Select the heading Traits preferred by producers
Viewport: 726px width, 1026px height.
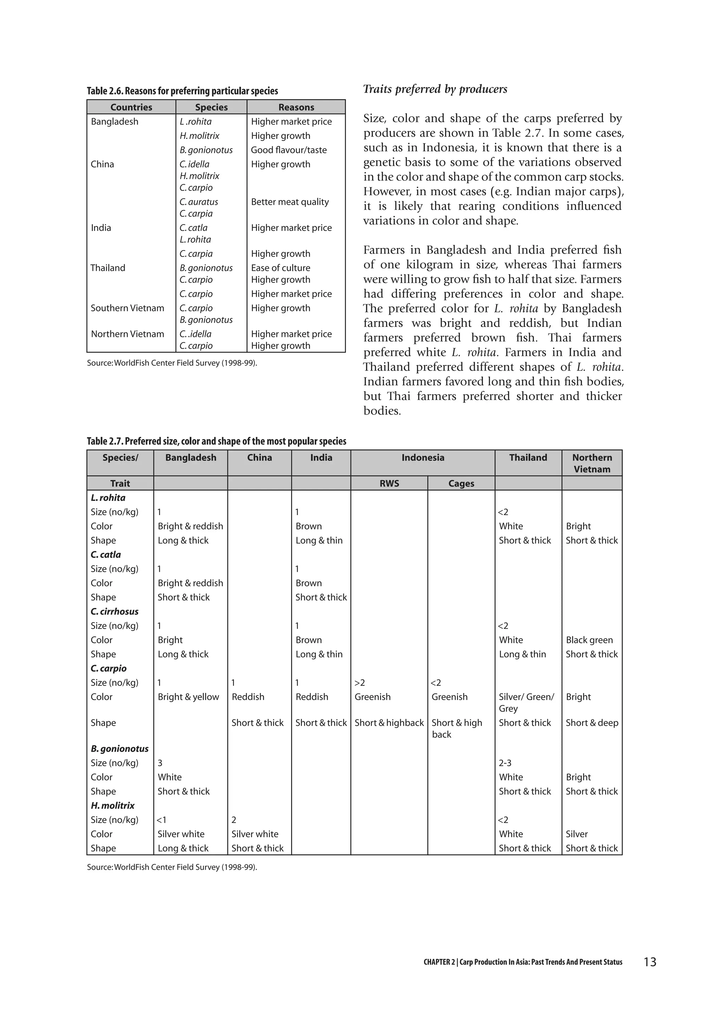point(435,89)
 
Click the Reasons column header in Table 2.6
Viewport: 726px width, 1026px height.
point(296,107)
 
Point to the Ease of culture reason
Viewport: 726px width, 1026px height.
point(280,268)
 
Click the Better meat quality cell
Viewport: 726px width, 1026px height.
point(290,202)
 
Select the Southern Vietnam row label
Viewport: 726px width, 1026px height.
point(127,308)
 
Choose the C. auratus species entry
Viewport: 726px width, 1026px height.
point(199,202)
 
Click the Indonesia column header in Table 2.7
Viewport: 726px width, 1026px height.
point(423,458)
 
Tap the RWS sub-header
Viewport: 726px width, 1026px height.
point(389,484)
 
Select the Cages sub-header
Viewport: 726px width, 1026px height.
point(461,484)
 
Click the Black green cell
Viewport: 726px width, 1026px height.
point(589,640)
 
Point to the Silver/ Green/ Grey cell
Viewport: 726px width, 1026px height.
point(526,703)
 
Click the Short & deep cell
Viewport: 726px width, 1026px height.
point(591,723)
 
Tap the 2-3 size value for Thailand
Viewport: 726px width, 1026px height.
point(505,763)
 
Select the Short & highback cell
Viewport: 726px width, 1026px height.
point(389,723)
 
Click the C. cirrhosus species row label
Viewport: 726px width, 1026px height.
point(115,611)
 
